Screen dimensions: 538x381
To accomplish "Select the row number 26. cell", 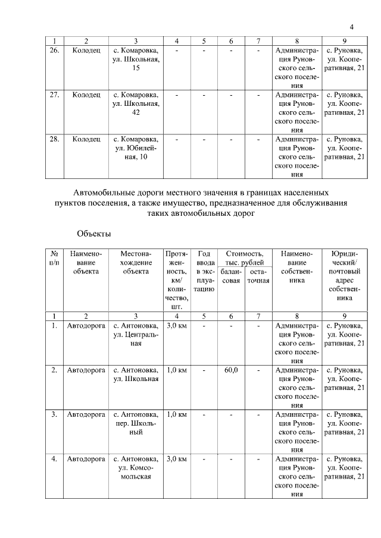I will [54, 51].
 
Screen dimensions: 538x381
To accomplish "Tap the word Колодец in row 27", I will [86, 95].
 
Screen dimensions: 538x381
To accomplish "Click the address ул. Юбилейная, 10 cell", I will [136, 148].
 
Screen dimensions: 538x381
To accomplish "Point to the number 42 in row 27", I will [136, 113].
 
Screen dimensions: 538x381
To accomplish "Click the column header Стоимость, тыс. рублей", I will [244, 259].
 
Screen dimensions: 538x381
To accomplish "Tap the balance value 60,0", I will [232, 370].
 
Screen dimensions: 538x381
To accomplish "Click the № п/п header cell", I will [54, 258].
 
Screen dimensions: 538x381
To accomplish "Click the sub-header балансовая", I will [231, 276].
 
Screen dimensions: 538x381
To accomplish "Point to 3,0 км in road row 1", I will [177, 326].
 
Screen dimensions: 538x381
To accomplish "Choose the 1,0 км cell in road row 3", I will [177, 414].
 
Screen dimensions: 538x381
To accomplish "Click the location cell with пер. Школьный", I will [136, 423].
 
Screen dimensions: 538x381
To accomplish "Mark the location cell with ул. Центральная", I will [136, 335].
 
